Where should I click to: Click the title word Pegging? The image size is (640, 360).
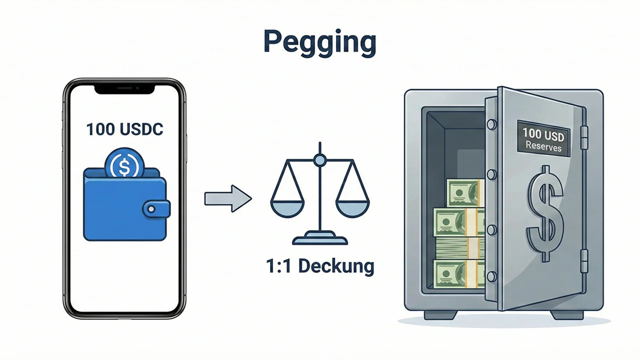tap(319, 43)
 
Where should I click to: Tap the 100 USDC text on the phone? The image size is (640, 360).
tap(124, 129)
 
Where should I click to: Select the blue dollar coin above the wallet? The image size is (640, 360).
tap(124, 163)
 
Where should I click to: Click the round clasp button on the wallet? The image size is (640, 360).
tap(150, 208)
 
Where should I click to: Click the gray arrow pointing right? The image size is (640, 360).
tap(227, 199)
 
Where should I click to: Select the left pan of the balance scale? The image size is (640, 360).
tap(287, 205)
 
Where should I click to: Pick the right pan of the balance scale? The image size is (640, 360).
tap(352, 205)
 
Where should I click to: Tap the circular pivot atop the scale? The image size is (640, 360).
tap(319, 160)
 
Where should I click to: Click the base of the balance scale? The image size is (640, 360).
tap(319, 239)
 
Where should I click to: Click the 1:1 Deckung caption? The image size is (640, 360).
tap(319, 266)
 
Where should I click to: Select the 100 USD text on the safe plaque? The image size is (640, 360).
tap(543, 133)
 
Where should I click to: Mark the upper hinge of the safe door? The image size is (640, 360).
tap(583, 136)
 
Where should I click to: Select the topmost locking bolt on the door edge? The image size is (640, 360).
tap(491, 123)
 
